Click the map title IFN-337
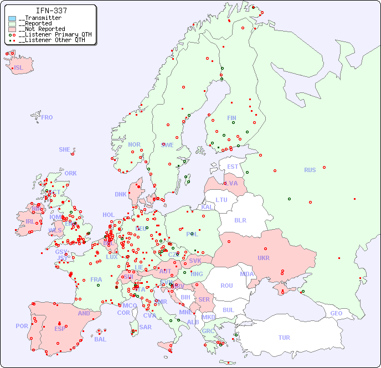pos(52,11)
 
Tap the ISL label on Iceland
pos(19,68)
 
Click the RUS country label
pos(310,170)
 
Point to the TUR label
pos(284,338)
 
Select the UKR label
pos(264,258)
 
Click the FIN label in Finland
pos(231,118)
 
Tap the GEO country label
pos(336,313)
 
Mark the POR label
pos(22,326)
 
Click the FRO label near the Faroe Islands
pos(47,117)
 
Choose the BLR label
pos(240,220)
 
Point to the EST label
pos(233,167)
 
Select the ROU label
pos(226,286)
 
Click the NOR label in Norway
pos(134,144)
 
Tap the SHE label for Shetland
pos(65,149)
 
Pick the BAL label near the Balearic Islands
pos(100,339)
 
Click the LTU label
pos(222,200)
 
